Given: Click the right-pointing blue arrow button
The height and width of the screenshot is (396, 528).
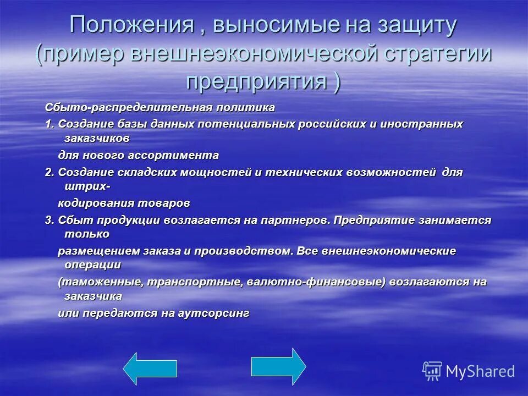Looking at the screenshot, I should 278,366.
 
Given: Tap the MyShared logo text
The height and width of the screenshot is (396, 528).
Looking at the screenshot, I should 480,371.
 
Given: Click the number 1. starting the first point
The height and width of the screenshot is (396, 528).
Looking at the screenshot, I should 50,124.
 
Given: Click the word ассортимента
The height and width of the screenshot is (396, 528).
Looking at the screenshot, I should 175,155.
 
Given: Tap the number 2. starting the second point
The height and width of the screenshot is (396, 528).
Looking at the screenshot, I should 50,172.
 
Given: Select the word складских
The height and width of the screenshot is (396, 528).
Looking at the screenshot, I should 140,172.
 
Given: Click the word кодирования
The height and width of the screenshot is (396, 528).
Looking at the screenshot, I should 91,203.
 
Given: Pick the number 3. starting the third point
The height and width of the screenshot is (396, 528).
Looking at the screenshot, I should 50,220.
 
